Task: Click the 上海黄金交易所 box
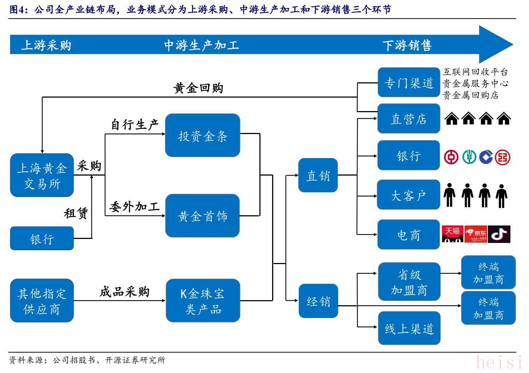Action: (x=42, y=175)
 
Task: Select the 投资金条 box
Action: (x=203, y=136)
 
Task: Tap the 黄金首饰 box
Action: (x=203, y=216)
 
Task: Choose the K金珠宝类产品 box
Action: (x=203, y=301)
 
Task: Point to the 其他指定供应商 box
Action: (x=42, y=301)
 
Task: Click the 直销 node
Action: (x=318, y=175)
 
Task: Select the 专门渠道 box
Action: (x=409, y=82)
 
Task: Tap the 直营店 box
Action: (x=409, y=119)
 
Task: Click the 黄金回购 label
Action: (x=198, y=88)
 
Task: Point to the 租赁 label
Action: (x=76, y=213)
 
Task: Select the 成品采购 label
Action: (x=125, y=291)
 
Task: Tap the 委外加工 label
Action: (x=135, y=207)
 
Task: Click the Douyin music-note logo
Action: (x=499, y=234)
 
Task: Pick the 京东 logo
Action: (x=476, y=234)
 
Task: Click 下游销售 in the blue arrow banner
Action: (x=407, y=46)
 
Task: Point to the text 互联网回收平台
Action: (x=475, y=72)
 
